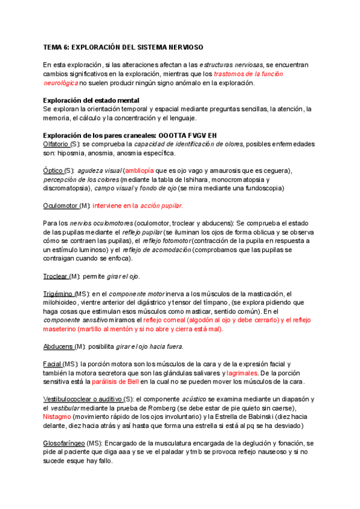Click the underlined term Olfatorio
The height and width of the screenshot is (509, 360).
pyautogui.click(x=56, y=145)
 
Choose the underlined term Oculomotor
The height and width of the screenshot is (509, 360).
pyautogui.click(x=60, y=206)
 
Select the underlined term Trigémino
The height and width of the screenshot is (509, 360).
pyautogui.click(x=58, y=294)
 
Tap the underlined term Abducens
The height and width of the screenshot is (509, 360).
pyautogui.click(x=59, y=346)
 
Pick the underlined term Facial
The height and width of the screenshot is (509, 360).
pyautogui.click(x=52, y=364)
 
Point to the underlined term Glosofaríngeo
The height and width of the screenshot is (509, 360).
pyautogui.click(x=64, y=443)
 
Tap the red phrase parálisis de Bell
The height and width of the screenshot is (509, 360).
pyautogui.click(x=115, y=382)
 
